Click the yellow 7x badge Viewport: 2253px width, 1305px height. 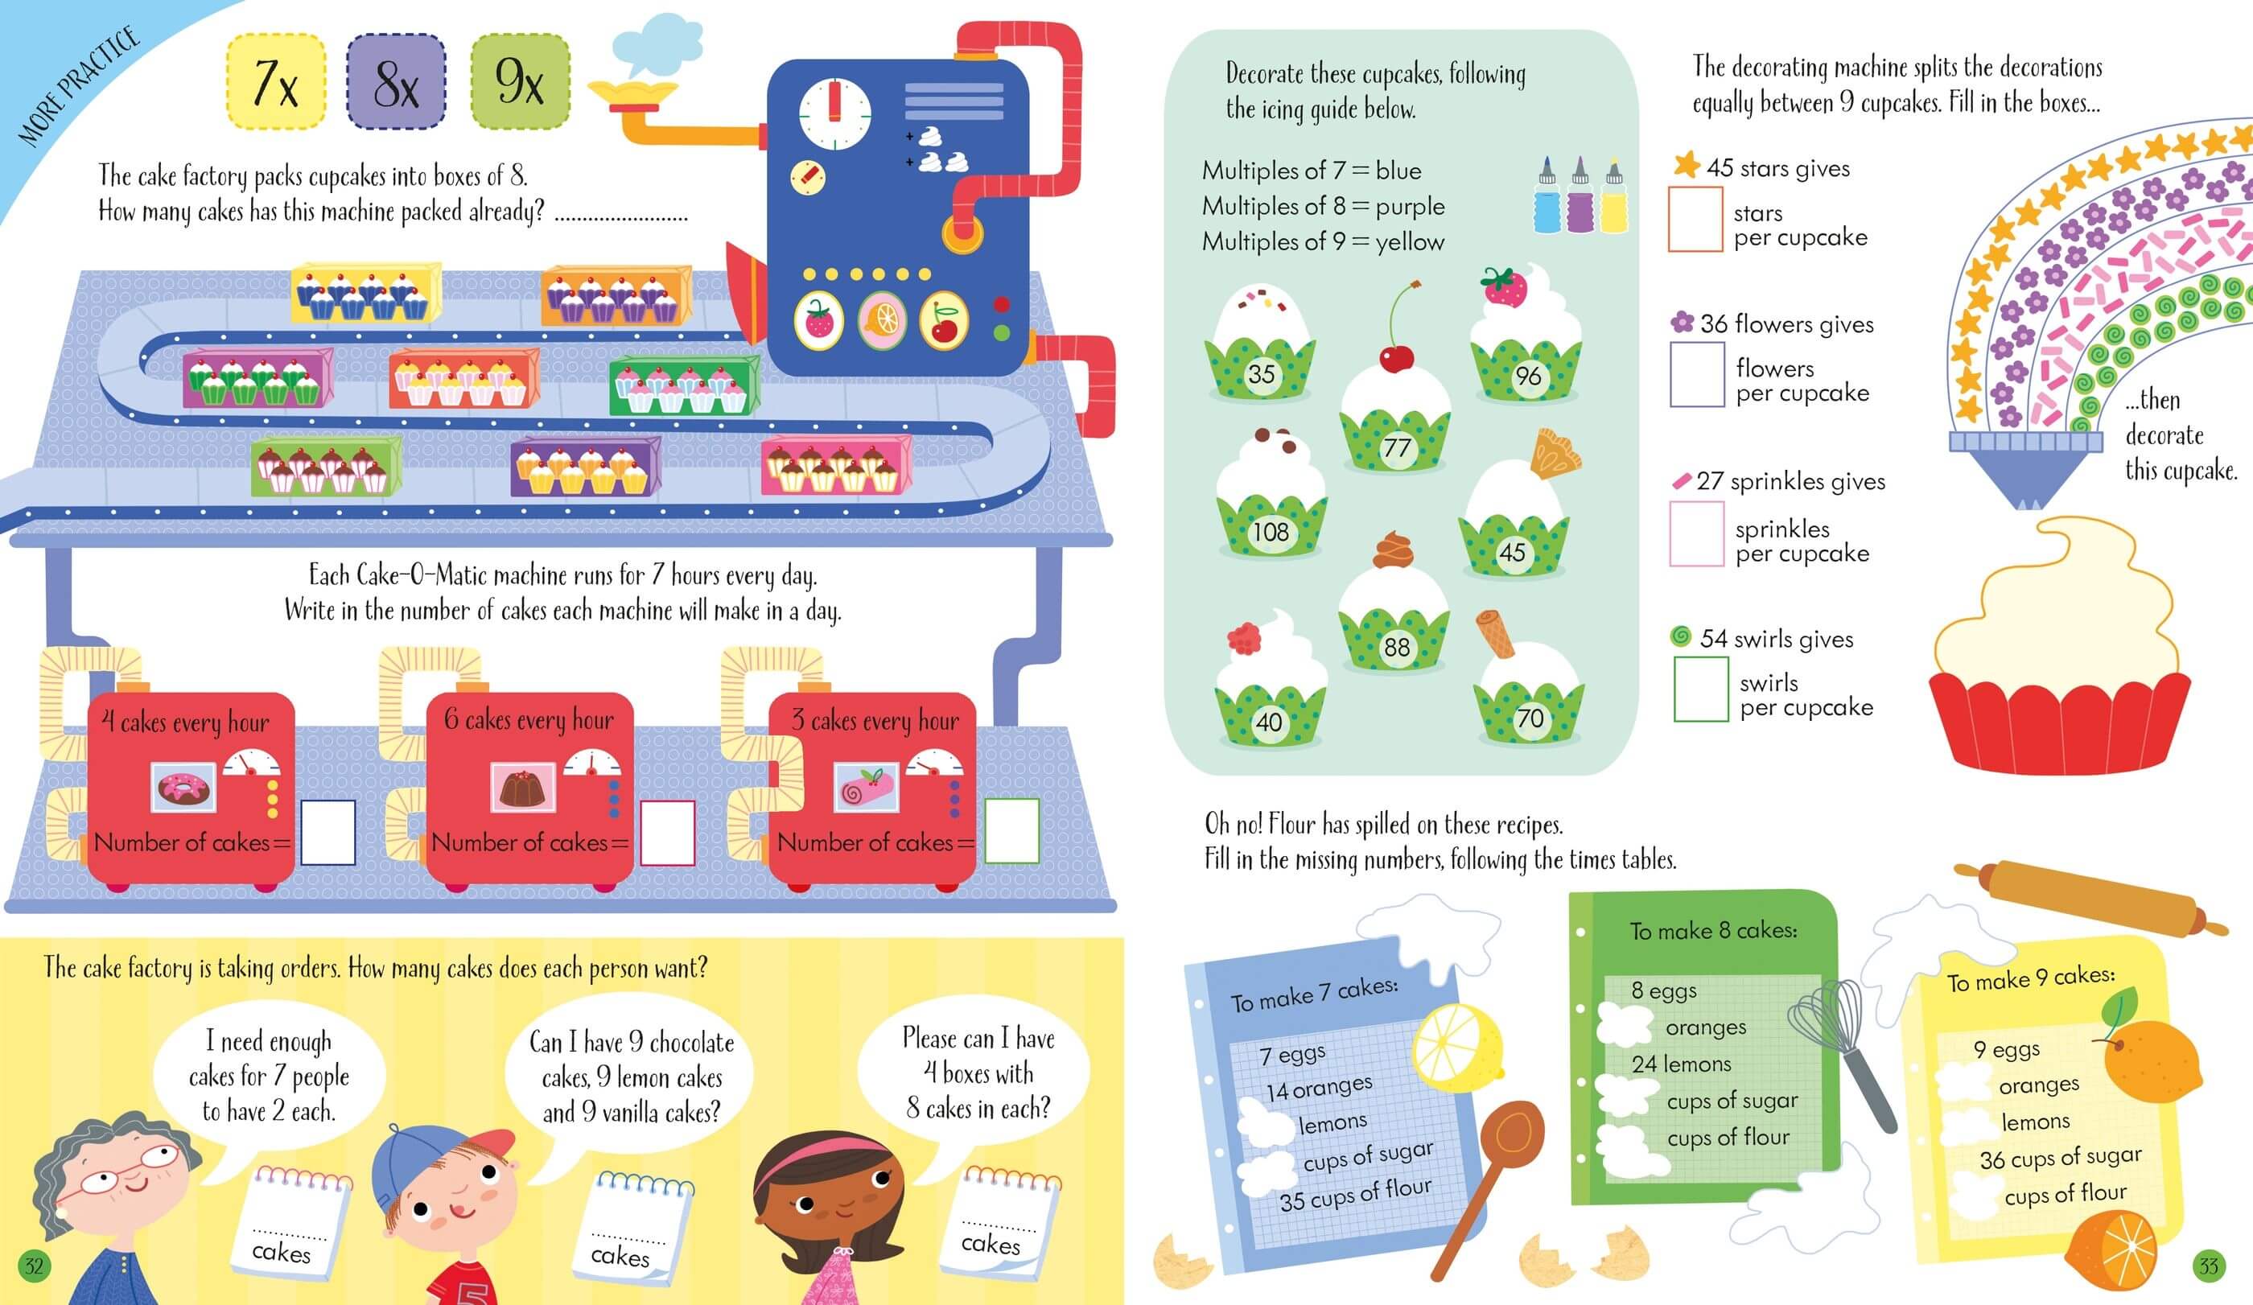point(275,82)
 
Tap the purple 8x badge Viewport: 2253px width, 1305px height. point(396,82)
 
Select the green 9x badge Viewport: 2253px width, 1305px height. point(520,82)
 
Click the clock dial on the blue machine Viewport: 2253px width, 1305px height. point(834,113)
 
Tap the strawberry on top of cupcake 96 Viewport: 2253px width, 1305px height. point(1505,286)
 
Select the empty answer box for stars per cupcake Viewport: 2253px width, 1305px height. point(1695,219)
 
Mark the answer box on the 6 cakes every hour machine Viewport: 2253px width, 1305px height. point(667,832)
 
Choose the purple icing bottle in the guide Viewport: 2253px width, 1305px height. point(1580,199)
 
